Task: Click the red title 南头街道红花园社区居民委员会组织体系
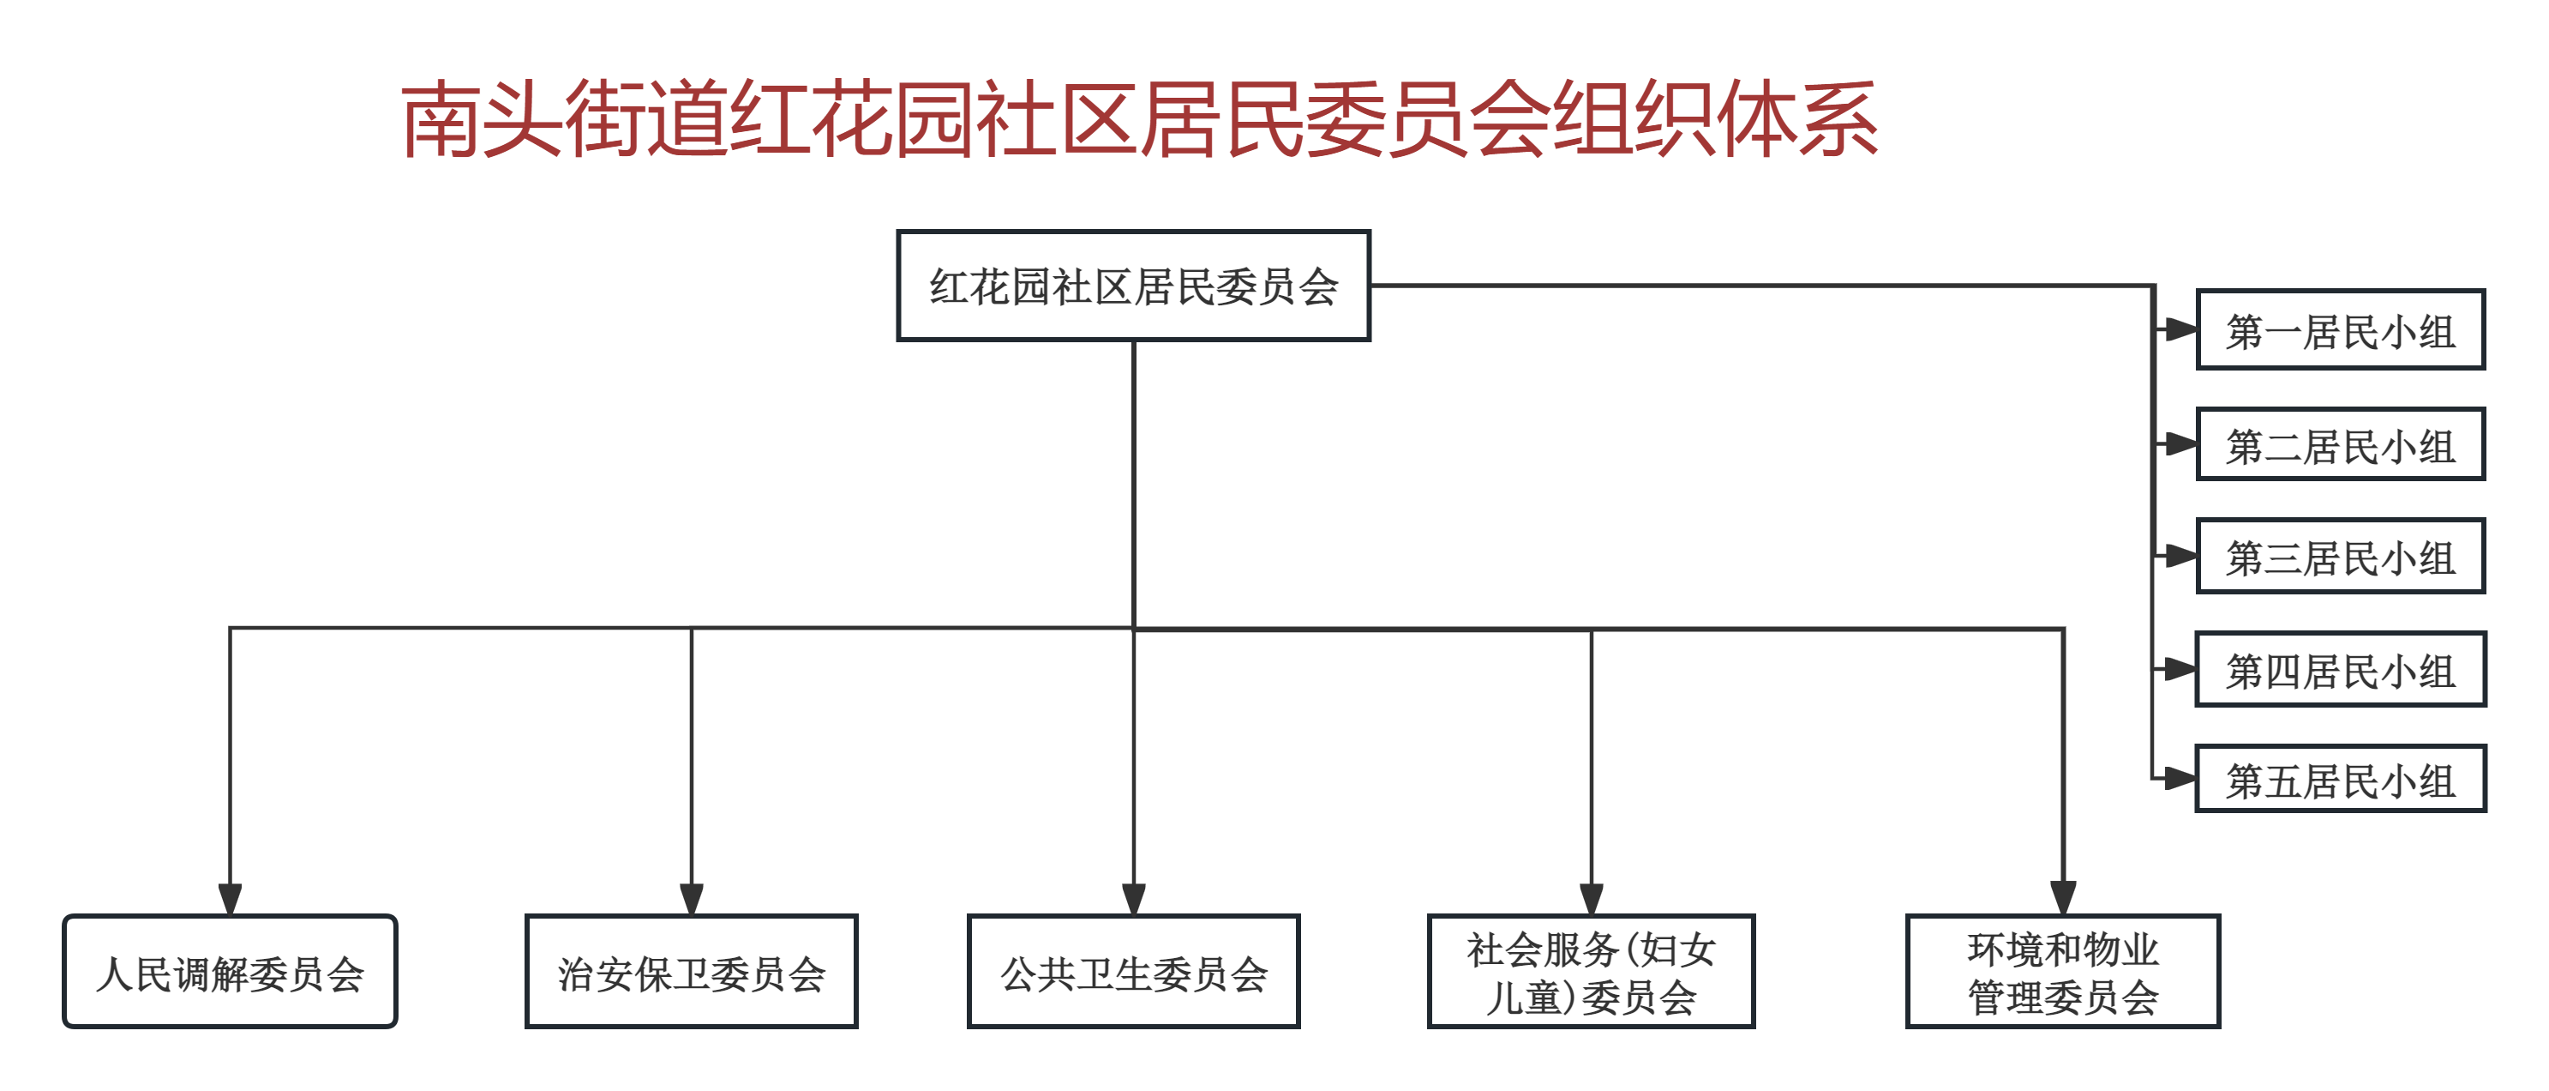point(1138,120)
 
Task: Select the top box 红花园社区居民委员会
point(1133,286)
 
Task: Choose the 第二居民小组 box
point(2340,444)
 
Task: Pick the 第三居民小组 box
point(2340,557)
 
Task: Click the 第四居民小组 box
point(2340,669)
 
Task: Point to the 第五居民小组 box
point(2340,779)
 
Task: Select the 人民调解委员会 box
point(231,972)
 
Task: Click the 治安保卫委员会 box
point(692,972)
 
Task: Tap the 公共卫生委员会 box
point(1133,972)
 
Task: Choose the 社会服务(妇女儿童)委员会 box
point(1591,972)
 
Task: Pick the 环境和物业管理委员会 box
point(2063,972)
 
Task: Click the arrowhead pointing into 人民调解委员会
point(231,899)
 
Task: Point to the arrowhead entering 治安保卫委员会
point(692,899)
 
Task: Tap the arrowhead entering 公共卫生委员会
point(1134,899)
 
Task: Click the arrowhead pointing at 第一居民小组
point(2180,329)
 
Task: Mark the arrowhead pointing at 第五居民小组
point(2180,779)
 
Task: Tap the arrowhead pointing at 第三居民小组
point(2180,557)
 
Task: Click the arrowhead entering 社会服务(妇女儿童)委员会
point(1591,899)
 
